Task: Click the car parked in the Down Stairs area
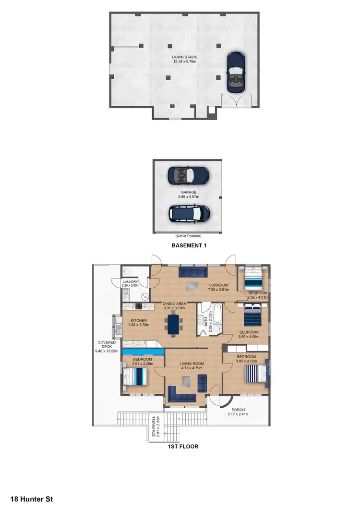(x=235, y=72)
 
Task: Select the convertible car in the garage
(x=188, y=176)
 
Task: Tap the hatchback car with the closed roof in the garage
(x=189, y=213)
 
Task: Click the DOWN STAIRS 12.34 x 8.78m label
(x=185, y=59)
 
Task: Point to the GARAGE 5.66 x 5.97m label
(x=189, y=194)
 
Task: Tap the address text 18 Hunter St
(x=31, y=499)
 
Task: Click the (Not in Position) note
(x=189, y=236)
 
